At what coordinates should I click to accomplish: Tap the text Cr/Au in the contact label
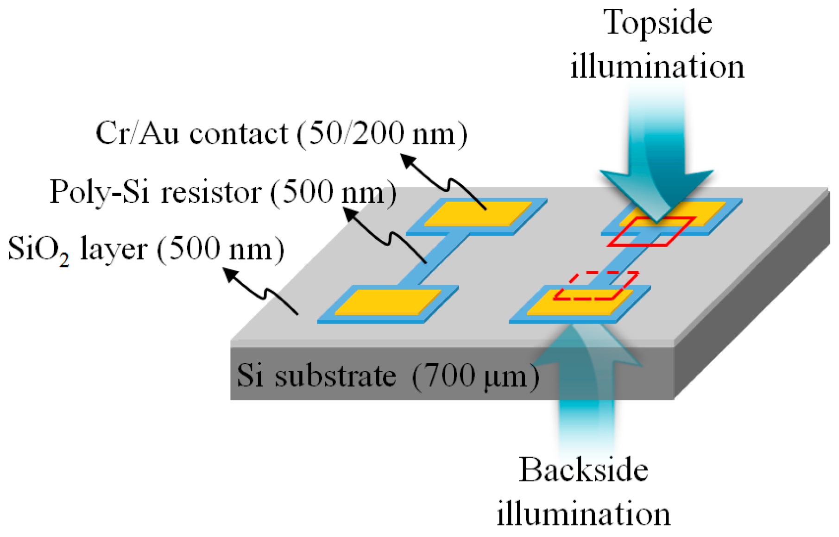pos(137,134)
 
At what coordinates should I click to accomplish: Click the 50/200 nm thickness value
pos(382,134)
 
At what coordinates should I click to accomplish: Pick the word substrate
pos(335,375)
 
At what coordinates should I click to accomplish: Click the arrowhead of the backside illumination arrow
pos(586,343)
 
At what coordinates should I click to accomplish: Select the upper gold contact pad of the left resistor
pos(478,213)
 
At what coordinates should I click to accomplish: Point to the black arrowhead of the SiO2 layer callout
pos(230,274)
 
